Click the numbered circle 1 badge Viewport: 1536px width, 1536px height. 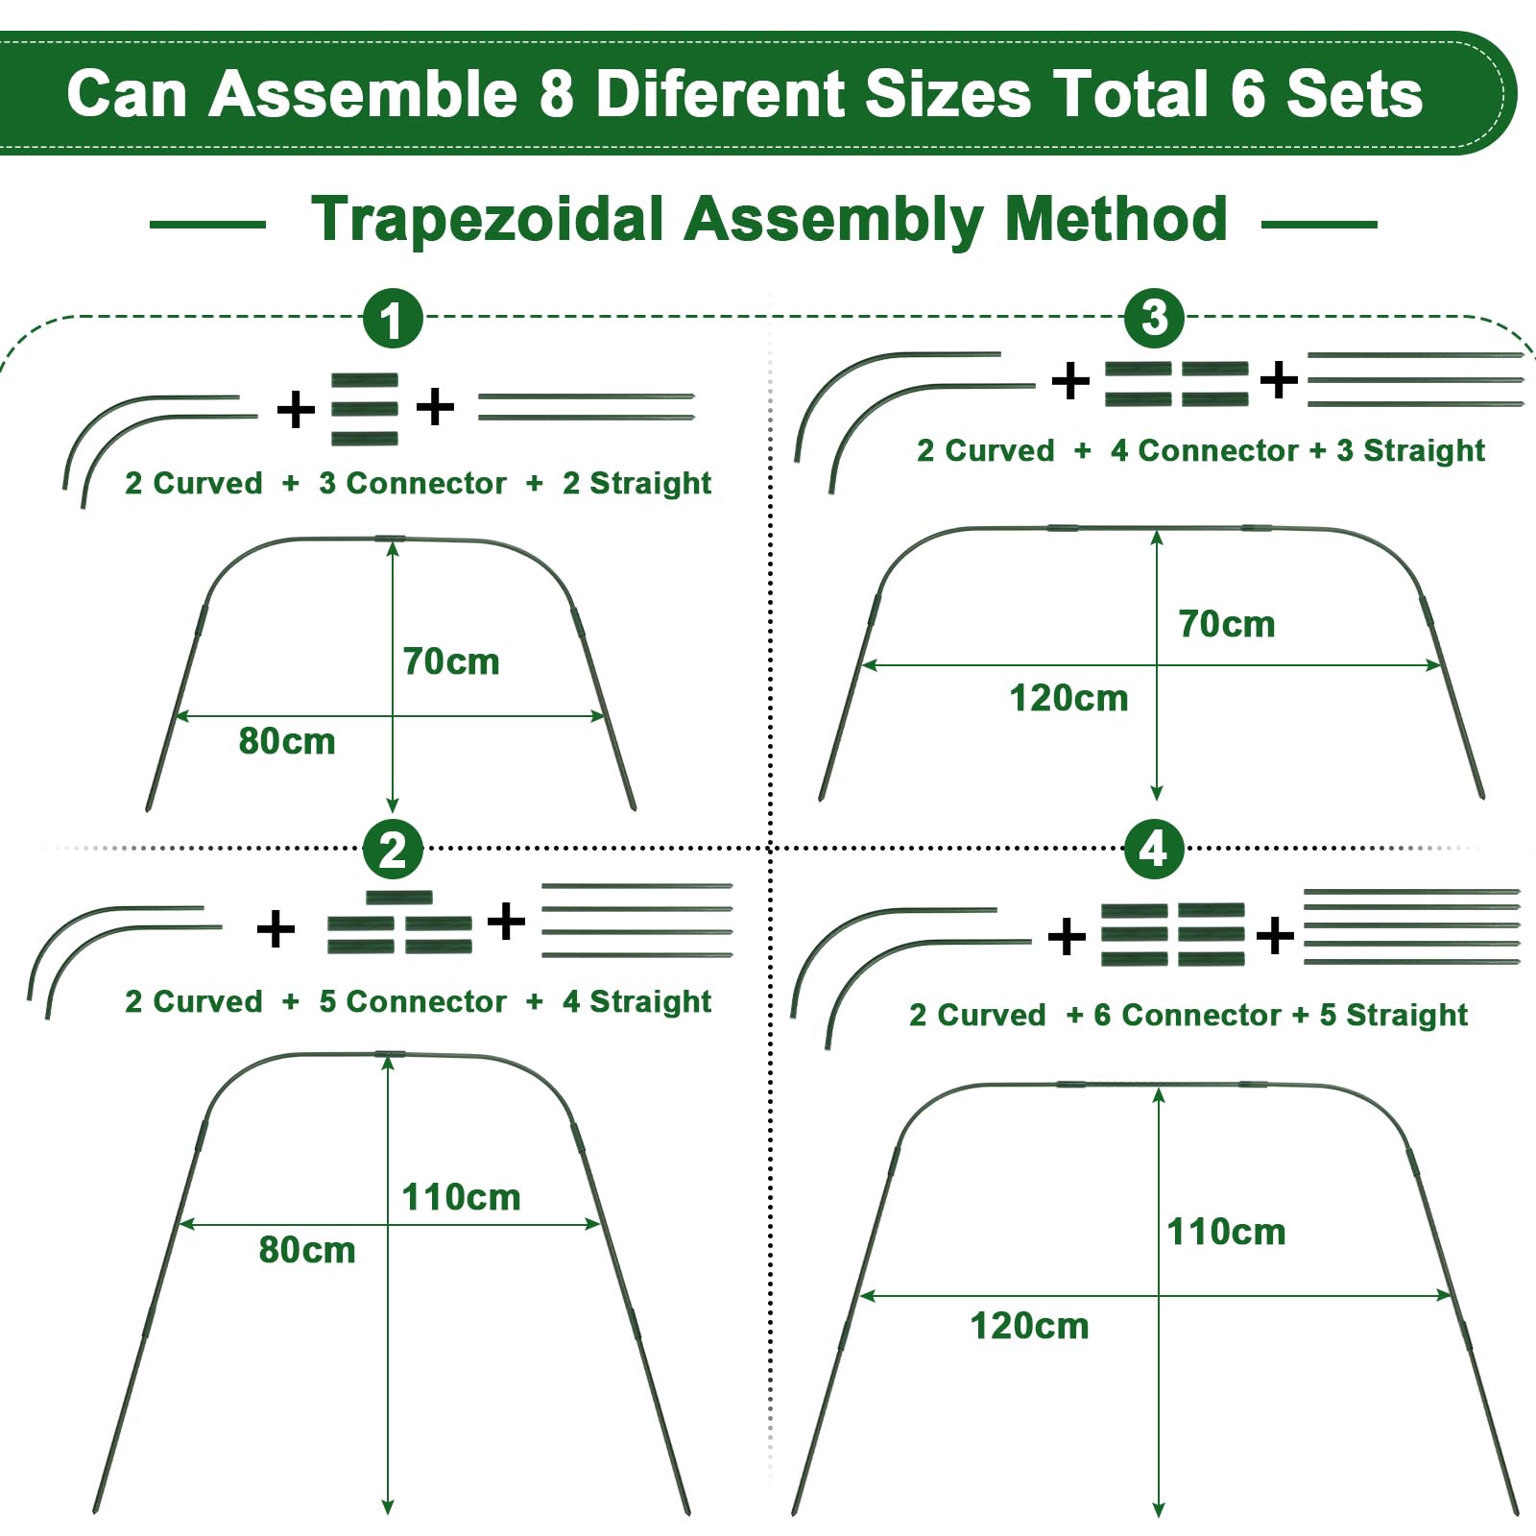pyautogui.click(x=393, y=319)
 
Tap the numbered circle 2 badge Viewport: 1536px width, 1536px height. pyautogui.click(x=393, y=850)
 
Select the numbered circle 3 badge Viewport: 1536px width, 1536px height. pyautogui.click(x=1155, y=318)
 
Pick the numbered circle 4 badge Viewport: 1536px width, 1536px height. pyautogui.click(x=1153, y=849)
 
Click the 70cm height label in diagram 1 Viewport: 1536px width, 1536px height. pyautogui.click(x=451, y=661)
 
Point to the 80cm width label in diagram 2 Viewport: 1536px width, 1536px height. pyautogui.click(x=307, y=1250)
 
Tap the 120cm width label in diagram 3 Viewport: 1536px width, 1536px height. pyautogui.click(x=1068, y=698)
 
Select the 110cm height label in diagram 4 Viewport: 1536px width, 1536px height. pyautogui.click(x=1226, y=1232)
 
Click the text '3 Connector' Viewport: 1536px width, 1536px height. pyautogui.click(x=413, y=483)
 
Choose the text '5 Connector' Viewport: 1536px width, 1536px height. pyautogui.click(x=413, y=1001)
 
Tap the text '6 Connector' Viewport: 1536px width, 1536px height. pyautogui.click(x=1188, y=1015)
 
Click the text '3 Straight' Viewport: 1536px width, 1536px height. pyautogui.click(x=1411, y=450)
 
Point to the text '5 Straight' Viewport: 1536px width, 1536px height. pyautogui.click(x=1394, y=1015)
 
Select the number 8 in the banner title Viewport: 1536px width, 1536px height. pyautogui.click(x=557, y=94)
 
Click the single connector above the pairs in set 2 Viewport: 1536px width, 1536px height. pyautogui.click(x=399, y=898)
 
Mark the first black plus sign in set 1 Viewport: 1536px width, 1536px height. pyautogui.click(x=296, y=410)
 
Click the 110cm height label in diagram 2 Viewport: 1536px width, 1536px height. pyautogui.click(x=461, y=1197)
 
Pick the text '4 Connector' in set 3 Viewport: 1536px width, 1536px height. pyautogui.click(x=1205, y=450)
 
